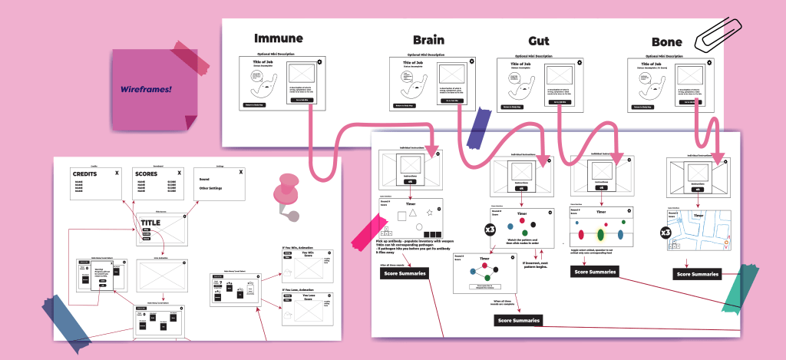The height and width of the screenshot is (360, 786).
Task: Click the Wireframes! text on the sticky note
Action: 146,89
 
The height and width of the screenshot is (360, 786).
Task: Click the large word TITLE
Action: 150,223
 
